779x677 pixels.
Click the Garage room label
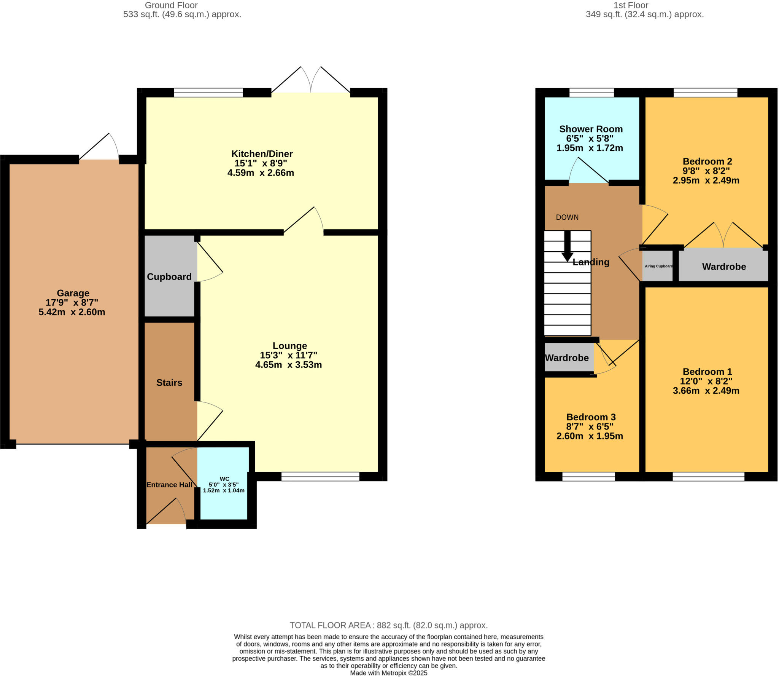(73, 293)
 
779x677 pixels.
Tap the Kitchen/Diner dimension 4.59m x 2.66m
(261, 173)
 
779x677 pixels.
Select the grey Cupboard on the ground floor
(169, 277)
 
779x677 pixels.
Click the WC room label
(224, 479)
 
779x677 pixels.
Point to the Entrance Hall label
(169, 485)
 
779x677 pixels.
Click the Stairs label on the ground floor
(169, 383)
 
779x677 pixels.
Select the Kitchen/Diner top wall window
(208, 93)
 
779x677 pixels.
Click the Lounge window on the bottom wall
(320, 476)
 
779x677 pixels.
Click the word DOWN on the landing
(567, 217)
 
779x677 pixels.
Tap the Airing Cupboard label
(658, 266)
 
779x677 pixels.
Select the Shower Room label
(591, 129)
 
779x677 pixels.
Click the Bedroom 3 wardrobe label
(567, 358)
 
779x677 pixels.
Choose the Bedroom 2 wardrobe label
(723, 267)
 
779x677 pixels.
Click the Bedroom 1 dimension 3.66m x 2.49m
(706, 391)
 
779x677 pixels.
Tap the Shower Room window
(591, 93)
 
